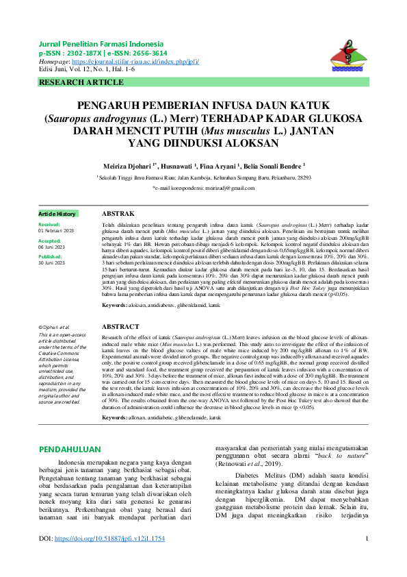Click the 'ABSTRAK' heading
[x=118, y=214]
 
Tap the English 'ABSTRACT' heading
[x=120, y=328]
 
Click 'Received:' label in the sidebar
[x=49, y=225]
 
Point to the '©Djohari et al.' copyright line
[x=55, y=328]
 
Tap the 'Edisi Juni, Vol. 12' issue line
[x=87, y=69]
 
